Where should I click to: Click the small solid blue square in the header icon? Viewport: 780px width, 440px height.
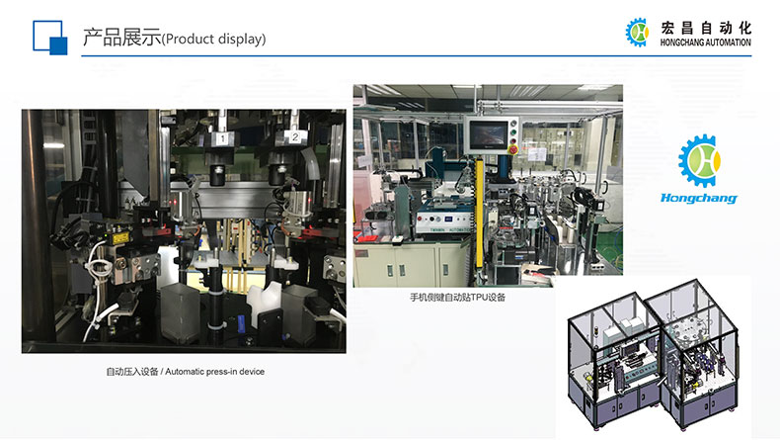[58, 45]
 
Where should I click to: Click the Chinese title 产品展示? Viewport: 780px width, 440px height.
[121, 38]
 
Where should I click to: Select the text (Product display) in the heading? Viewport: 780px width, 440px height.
[214, 39]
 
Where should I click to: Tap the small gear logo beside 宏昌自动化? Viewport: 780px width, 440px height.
[637, 33]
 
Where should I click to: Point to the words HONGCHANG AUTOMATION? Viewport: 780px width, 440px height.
[705, 43]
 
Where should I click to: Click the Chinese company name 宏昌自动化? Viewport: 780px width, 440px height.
[706, 28]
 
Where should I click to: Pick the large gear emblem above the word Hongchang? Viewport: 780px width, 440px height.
[699, 160]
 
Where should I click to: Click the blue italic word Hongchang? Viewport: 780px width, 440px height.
[698, 198]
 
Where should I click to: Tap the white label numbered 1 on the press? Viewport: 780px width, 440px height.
[222, 138]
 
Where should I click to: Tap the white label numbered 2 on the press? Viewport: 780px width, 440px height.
[295, 136]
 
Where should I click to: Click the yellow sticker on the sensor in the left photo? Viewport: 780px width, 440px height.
[119, 239]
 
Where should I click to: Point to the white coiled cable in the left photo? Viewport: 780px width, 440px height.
[98, 289]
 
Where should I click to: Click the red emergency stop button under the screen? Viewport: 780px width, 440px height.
[513, 148]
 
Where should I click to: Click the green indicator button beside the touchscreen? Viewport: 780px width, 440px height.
[513, 132]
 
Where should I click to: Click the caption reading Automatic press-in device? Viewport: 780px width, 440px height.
[215, 372]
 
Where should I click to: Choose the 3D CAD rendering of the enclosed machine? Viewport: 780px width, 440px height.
[653, 354]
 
